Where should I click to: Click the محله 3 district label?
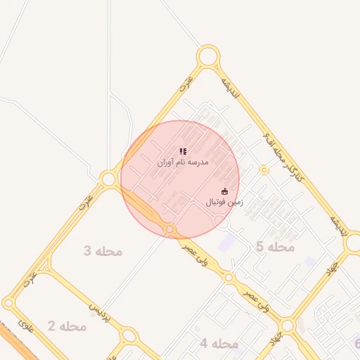[103, 251]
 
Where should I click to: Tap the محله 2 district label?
[67, 326]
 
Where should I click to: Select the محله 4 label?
[219, 344]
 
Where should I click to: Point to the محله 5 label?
[275, 247]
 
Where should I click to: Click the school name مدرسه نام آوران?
[183, 162]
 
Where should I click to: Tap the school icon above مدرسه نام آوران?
[183, 151]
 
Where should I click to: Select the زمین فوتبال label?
[224, 202]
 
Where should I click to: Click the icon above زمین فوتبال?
[225, 191]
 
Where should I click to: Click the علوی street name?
[26, 327]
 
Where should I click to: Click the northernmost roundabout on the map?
[207, 56]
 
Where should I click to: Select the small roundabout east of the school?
[264, 169]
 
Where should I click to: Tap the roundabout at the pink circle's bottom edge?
[169, 229]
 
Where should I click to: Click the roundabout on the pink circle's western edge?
[109, 179]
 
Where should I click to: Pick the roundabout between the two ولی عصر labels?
[228, 278]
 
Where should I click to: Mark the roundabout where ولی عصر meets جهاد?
[287, 326]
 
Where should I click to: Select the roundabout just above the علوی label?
[8, 304]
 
